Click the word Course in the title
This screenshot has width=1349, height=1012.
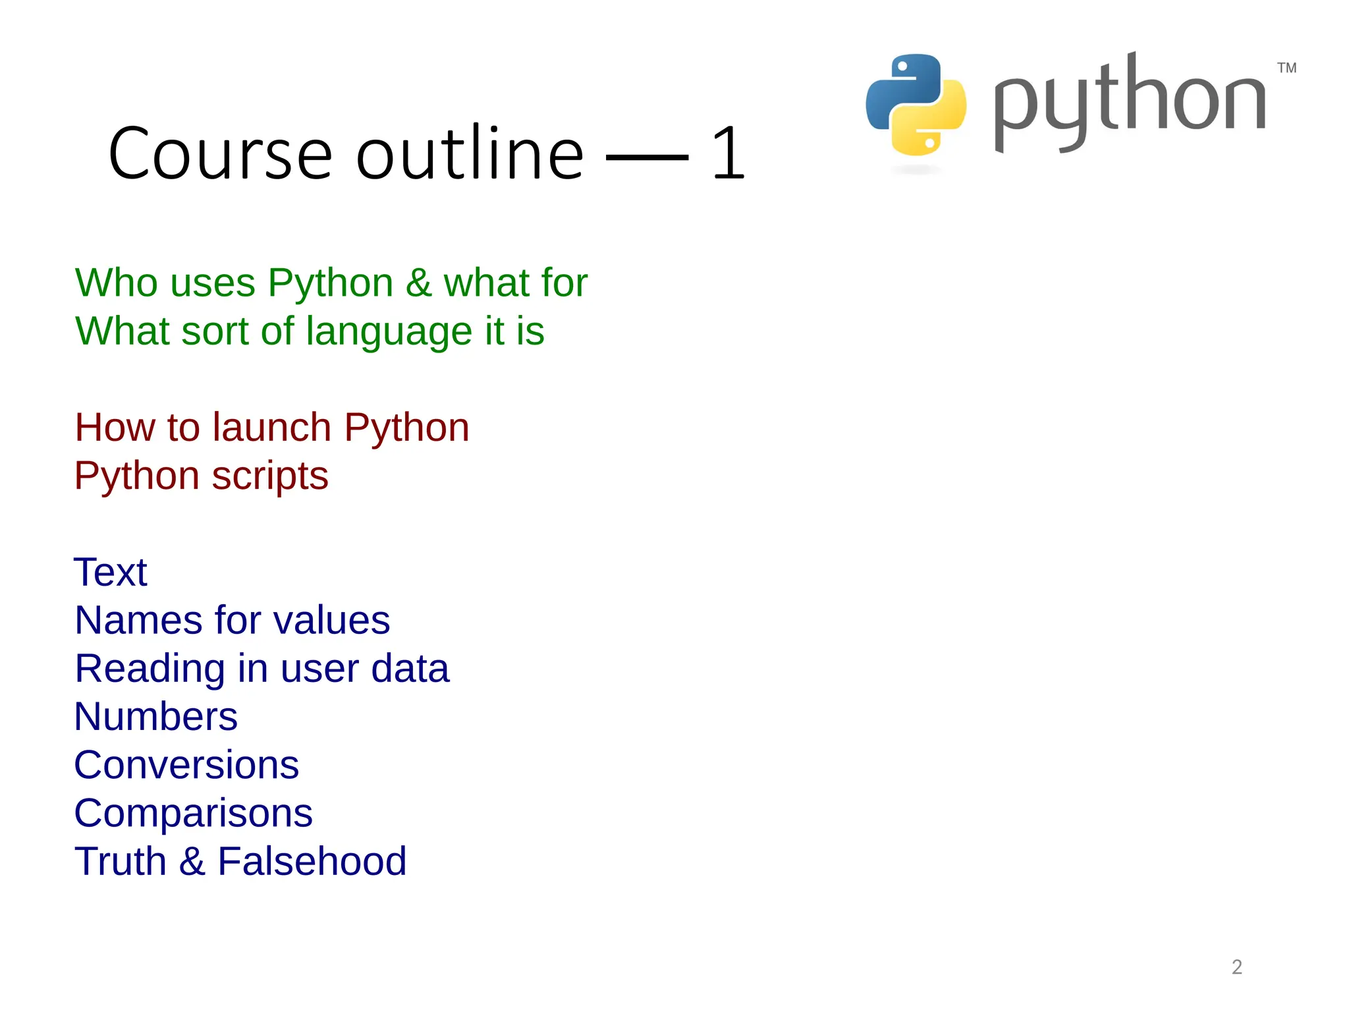point(220,154)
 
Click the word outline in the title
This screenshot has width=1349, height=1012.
point(470,154)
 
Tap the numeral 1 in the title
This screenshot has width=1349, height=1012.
point(728,154)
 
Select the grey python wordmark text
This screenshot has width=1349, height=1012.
point(1129,102)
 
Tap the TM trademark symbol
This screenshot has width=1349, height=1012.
point(1286,68)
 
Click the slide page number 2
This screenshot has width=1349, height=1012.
point(1236,967)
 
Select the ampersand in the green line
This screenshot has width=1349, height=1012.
point(418,283)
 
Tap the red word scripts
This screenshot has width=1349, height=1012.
point(270,476)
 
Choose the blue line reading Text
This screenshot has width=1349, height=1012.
point(111,572)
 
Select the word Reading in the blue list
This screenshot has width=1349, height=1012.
point(150,669)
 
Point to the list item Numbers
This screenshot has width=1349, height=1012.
point(155,716)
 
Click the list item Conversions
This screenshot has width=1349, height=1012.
point(186,765)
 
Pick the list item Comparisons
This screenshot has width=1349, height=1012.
point(193,813)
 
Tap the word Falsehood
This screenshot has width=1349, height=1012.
point(312,861)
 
